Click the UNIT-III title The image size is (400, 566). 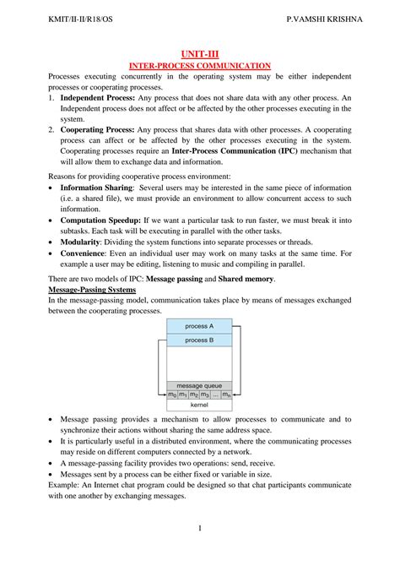tap(199, 52)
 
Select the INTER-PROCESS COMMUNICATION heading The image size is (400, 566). tap(199, 65)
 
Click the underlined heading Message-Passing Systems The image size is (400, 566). tap(93, 289)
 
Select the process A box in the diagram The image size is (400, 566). tap(199, 326)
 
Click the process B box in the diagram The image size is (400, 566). tap(199, 340)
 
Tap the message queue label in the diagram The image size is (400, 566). tap(199, 385)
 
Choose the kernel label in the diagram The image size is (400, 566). tap(199, 405)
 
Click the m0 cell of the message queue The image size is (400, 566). tap(172, 395)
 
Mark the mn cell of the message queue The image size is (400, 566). tap(226, 395)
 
